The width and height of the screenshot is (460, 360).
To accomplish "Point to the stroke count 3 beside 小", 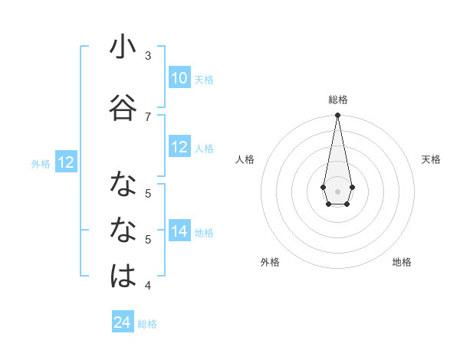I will tap(148, 55).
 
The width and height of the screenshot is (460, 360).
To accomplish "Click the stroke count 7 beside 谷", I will tap(148, 116).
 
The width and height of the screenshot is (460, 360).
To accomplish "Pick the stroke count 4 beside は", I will tap(148, 286).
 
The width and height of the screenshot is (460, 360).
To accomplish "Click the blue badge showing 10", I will tap(179, 78).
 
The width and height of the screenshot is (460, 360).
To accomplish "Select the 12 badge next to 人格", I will tap(179, 148).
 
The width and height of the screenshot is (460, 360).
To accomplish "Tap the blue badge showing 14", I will tap(179, 231).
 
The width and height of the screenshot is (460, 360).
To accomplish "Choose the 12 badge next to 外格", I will tap(66, 162).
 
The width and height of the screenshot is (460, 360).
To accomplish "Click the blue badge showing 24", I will tap(123, 322).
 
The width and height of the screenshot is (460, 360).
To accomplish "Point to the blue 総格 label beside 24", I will tap(147, 324).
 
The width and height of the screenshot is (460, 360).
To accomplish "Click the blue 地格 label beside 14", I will tap(204, 233).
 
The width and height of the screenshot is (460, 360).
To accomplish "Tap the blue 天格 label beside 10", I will tap(204, 80).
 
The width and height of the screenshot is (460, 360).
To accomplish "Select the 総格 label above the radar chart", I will tap(338, 100).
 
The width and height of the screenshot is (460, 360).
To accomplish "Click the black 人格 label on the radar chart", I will tap(245, 159).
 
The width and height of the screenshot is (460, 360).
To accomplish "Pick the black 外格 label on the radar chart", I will tap(270, 262).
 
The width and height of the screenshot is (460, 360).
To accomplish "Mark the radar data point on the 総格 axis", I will tap(337, 116).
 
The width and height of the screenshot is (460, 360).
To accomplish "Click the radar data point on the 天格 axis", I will tap(352, 187).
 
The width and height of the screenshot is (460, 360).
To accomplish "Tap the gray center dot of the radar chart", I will tap(337, 191).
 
